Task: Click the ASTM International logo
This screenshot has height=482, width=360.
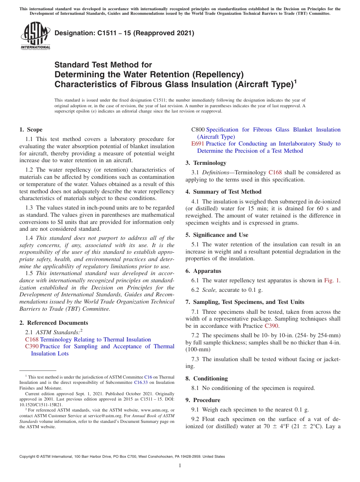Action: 35,36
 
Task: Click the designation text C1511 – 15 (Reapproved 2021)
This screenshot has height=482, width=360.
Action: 124,33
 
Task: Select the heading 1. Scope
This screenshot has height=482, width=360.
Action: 31,130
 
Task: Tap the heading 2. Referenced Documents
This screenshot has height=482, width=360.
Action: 53,323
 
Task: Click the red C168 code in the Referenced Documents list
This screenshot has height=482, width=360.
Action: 31,340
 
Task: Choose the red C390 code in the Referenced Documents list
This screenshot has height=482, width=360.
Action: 31,346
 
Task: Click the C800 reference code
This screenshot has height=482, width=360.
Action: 198,130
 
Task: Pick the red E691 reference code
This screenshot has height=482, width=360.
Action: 198,144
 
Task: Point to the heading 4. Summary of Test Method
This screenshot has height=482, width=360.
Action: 223,192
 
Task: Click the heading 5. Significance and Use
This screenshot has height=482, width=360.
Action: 217,235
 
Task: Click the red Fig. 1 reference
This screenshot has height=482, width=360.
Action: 332,280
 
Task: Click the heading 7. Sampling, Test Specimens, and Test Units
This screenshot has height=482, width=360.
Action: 245,302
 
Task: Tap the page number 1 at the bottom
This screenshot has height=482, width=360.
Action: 180,466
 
